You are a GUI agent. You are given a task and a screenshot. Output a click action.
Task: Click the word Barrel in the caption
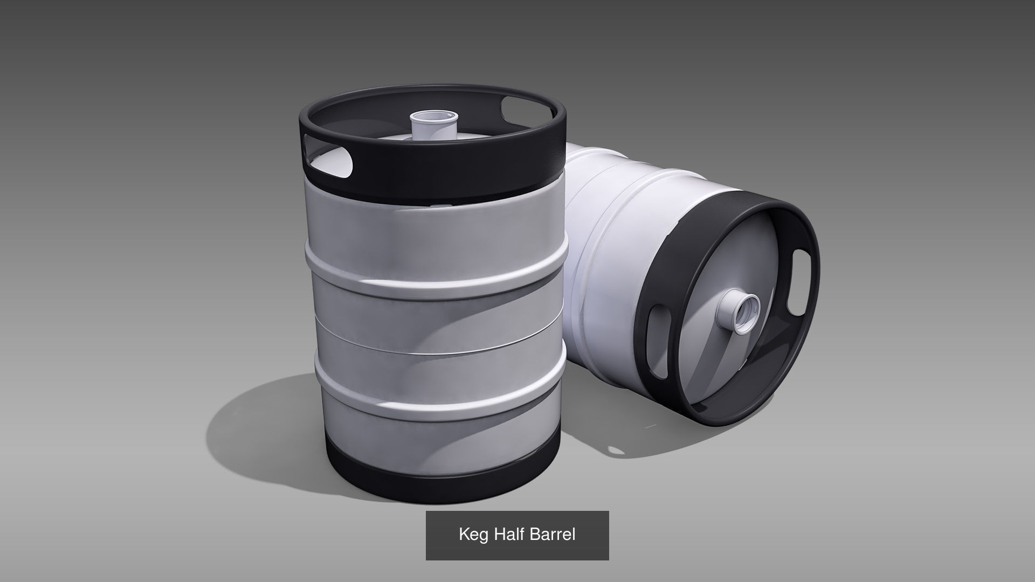[x=553, y=534]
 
